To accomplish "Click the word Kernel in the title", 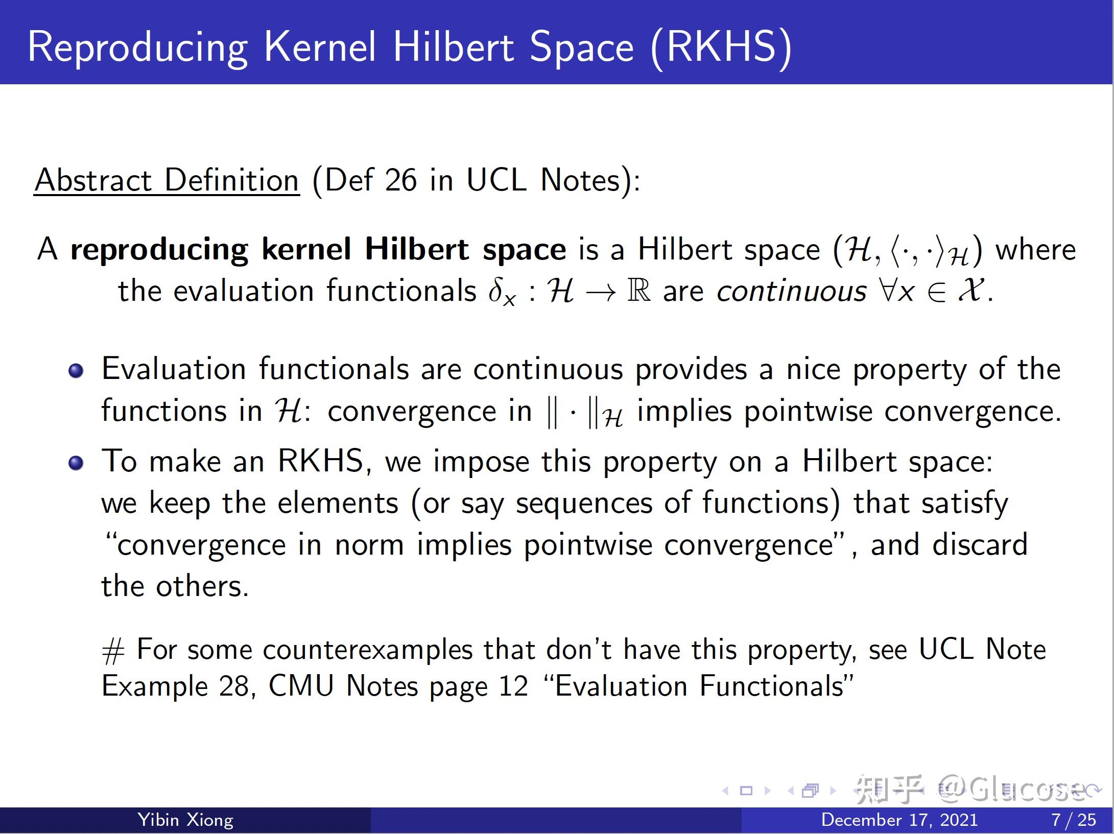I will coord(320,47).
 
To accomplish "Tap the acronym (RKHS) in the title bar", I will coord(721,47).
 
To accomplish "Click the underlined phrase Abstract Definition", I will coord(167,180).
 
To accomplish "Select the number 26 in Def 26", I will coord(400,180).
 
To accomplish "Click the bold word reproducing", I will coord(159,250).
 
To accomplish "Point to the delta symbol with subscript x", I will coord(501,292).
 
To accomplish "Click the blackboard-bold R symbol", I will coord(638,291).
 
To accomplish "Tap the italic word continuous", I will coord(791,292).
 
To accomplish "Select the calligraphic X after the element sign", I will coord(969,291).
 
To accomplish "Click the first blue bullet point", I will coord(76,370).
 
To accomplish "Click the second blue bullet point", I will coord(76,463).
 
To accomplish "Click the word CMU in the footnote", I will coord(301,686).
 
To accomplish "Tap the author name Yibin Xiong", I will coord(185,820).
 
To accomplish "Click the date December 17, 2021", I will coord(899,820).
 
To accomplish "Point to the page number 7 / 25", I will coord(1074,820).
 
